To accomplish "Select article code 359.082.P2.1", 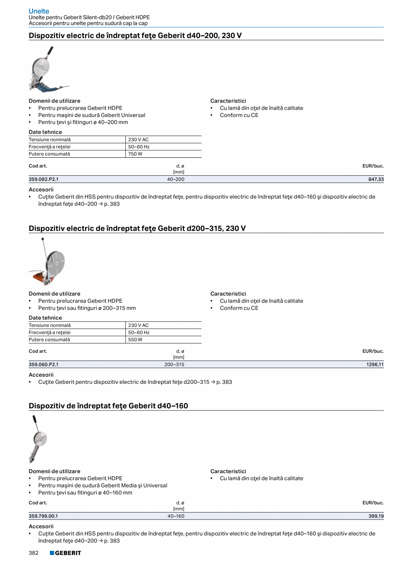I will pos(43,180).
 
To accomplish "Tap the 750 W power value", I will pos(135,154).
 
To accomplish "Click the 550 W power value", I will pos(135,340).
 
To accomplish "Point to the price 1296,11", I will pos(375,365).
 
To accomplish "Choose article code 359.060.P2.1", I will pos(43,365).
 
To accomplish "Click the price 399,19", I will pos(376,516).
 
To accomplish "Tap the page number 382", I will pos(34,553).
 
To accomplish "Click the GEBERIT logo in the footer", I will pos(65,553).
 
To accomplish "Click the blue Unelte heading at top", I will pos(39,11).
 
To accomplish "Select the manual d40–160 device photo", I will pos(37,439).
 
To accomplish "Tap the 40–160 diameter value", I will pos(176,516).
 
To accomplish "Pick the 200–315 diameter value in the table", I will pos(174,365).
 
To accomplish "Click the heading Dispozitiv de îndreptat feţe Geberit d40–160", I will pos(108,406).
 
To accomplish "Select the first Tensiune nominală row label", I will pos(49,140).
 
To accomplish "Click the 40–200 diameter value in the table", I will pos(176,180).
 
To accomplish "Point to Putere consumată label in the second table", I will pos(49,340).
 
